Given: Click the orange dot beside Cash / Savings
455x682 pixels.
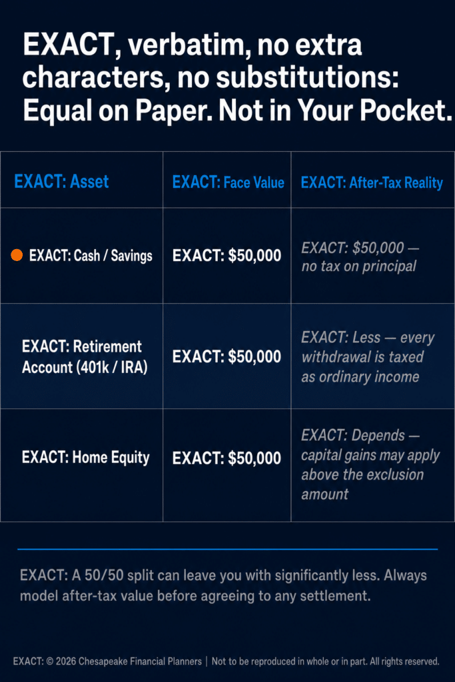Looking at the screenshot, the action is (x=17, y=255).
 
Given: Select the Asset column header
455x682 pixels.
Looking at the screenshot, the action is (x=61, y=181).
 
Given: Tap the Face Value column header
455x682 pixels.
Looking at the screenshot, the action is (x=228, y=182).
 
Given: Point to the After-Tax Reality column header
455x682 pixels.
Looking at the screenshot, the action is (x=372, y=182).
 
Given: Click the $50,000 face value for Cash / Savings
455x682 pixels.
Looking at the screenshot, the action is (x=227, y=255).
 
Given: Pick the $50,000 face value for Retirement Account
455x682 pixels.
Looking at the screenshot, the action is (x=227, y=357).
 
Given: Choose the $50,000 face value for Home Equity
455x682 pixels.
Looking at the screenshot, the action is (x=227, y=458).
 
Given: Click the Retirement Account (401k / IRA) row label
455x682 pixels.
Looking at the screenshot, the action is (x=85, y=357).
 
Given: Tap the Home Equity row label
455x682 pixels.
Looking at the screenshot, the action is (x=86, y=458).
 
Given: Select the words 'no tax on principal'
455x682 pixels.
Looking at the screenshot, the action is (x=359, y=266).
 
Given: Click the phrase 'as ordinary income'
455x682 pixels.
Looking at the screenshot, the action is (x=360, y=377).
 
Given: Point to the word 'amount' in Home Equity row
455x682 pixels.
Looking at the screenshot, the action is (x=325, y=494).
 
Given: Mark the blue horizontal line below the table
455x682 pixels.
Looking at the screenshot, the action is (x=228, y=549).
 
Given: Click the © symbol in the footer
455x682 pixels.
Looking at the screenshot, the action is (x=49, y=661).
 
